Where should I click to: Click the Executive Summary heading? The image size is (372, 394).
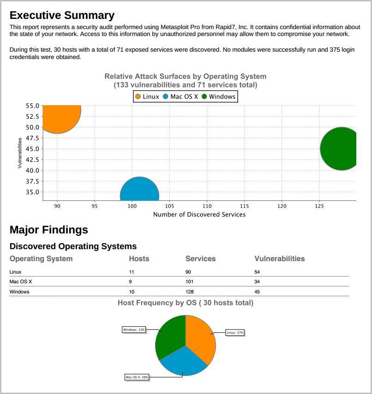[x=62, y=15]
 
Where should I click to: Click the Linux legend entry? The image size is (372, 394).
[x=147, y=96]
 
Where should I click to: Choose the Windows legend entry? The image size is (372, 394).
[x=219, y=96]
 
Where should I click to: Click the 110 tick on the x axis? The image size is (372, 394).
[x=207, y=206]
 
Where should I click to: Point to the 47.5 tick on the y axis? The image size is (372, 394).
[x=32, y=138]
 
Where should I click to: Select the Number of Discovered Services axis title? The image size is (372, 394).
[x=199, y=215]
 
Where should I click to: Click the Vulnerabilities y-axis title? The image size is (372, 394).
[x=20, y=153]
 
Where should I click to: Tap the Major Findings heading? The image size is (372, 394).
[x=48, y=230]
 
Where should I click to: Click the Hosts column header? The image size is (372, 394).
[x=139, y=259]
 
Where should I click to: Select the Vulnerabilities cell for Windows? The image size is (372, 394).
[x=257, y=292]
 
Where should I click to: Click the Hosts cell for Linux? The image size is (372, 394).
[x=132, y=272]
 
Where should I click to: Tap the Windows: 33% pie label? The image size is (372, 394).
[x=134, y=329]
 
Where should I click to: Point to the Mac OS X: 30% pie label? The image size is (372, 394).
[x=137, y=377]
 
